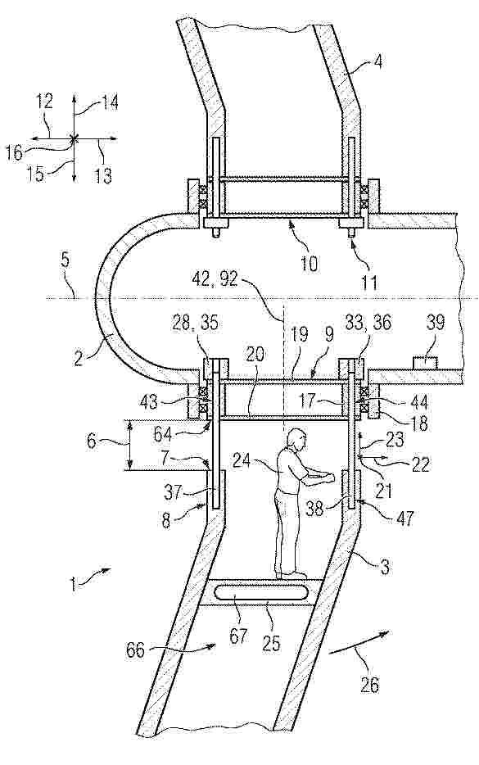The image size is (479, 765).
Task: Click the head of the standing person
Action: coord(296,440)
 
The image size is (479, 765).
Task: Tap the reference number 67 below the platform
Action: coord(237,636)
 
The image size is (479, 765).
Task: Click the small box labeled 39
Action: coord(425,363)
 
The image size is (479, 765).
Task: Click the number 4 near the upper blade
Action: coord(378,62)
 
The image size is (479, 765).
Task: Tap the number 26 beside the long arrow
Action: coord(369,685)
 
